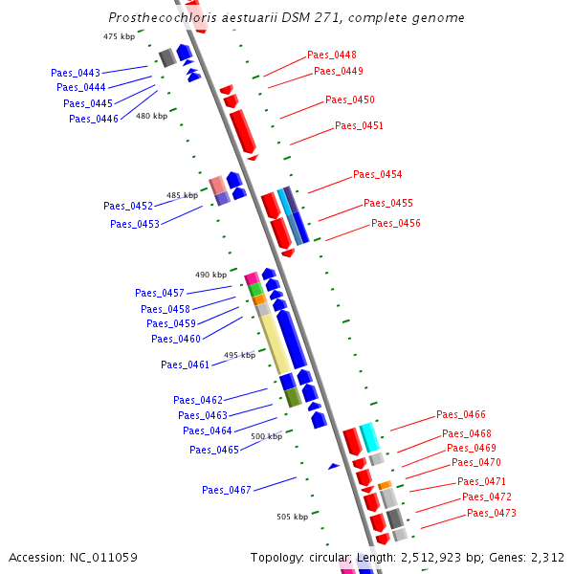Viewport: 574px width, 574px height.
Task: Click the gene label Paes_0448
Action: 331,55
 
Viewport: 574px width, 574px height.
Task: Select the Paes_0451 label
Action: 359,126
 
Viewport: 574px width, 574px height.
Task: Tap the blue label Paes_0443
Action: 76,74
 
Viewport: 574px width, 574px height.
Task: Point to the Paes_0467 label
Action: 226,491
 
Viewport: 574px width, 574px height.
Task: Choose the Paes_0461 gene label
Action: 185,364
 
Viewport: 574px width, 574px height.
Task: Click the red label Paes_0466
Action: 460,415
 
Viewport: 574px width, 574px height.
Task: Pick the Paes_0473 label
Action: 491,514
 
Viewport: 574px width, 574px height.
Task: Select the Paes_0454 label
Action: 377,175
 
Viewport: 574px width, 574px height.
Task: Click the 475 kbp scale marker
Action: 119,36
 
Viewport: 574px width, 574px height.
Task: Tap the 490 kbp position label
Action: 210,275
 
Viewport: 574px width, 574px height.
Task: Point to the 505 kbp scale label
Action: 292,517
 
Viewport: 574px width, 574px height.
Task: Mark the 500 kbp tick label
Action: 266,436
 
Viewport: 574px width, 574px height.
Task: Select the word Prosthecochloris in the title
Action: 154,17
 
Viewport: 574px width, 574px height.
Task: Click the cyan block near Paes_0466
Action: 369,437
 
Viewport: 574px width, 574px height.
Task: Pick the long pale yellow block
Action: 276,344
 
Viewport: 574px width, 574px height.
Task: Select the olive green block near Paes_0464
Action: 294,398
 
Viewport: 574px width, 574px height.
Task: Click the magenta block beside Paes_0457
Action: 252,278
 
